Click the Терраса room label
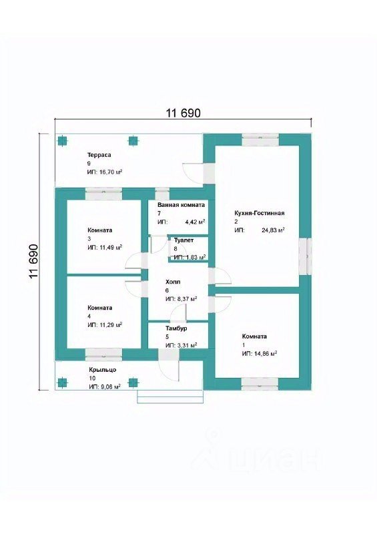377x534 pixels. pyautogui.click(x=99, y=155)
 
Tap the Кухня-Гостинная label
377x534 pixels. pyautogui.click(x=259, y=213)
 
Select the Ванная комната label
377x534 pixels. pyautogui.click(x=181, y=205)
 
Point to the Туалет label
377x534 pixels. pyautogui.click(x=183, y=240)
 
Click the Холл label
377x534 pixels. pyautogui.click(x=173, y=282)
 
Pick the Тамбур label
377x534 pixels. pyautogui.click(x=176, y=328)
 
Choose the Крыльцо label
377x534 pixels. pyautogui.click(x=103, y=370)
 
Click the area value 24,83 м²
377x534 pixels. pyautogui.click(x=273, y=230)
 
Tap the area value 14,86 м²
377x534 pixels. pyautogui.click(x=265, y=354)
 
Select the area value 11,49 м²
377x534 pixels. pyautogui.click(x=110, y=247)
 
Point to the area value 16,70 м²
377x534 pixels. pyautogui.click(x=110, y=172)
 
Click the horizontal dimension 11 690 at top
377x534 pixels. pyautogui.click(x=183, y=113)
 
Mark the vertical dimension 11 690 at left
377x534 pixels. pyautogui.click(x=34, y=261)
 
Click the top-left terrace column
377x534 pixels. pyautogui.click(x=62, y=141)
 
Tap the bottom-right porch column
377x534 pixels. pyautogui.click(x=133, y=382)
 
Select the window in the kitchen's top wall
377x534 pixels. pyautogui.click(x=260, y=140)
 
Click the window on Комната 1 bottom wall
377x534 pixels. pyautogui.click(x=260, y=383)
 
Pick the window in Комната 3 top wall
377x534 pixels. pyautogui.click(x=103, y=194)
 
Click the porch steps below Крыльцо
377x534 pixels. pyautogui.click(x=170, y=396)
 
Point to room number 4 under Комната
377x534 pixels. pyautogui.click(x=89, y=316)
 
